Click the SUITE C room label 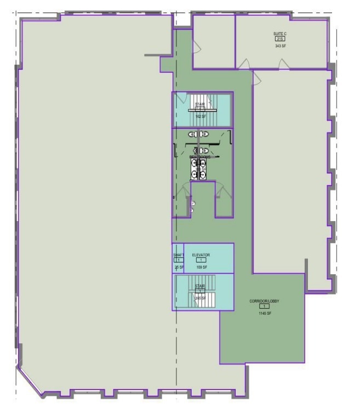pos(280,34)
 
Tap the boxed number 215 pos(280,39)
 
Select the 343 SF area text pos(280,46)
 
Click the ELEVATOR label pos(201,255)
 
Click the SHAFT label pos(178,255)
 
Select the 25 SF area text pos(178,267)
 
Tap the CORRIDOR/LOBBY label pos(261,301)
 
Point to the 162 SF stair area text pos(201,116)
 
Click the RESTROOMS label pos(200,157)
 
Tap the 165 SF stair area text pos(200,298)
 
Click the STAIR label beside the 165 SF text pos(200,286)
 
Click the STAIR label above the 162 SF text pos(200,104)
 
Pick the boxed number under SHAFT pos(178,261)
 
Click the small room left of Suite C pos(214,41)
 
